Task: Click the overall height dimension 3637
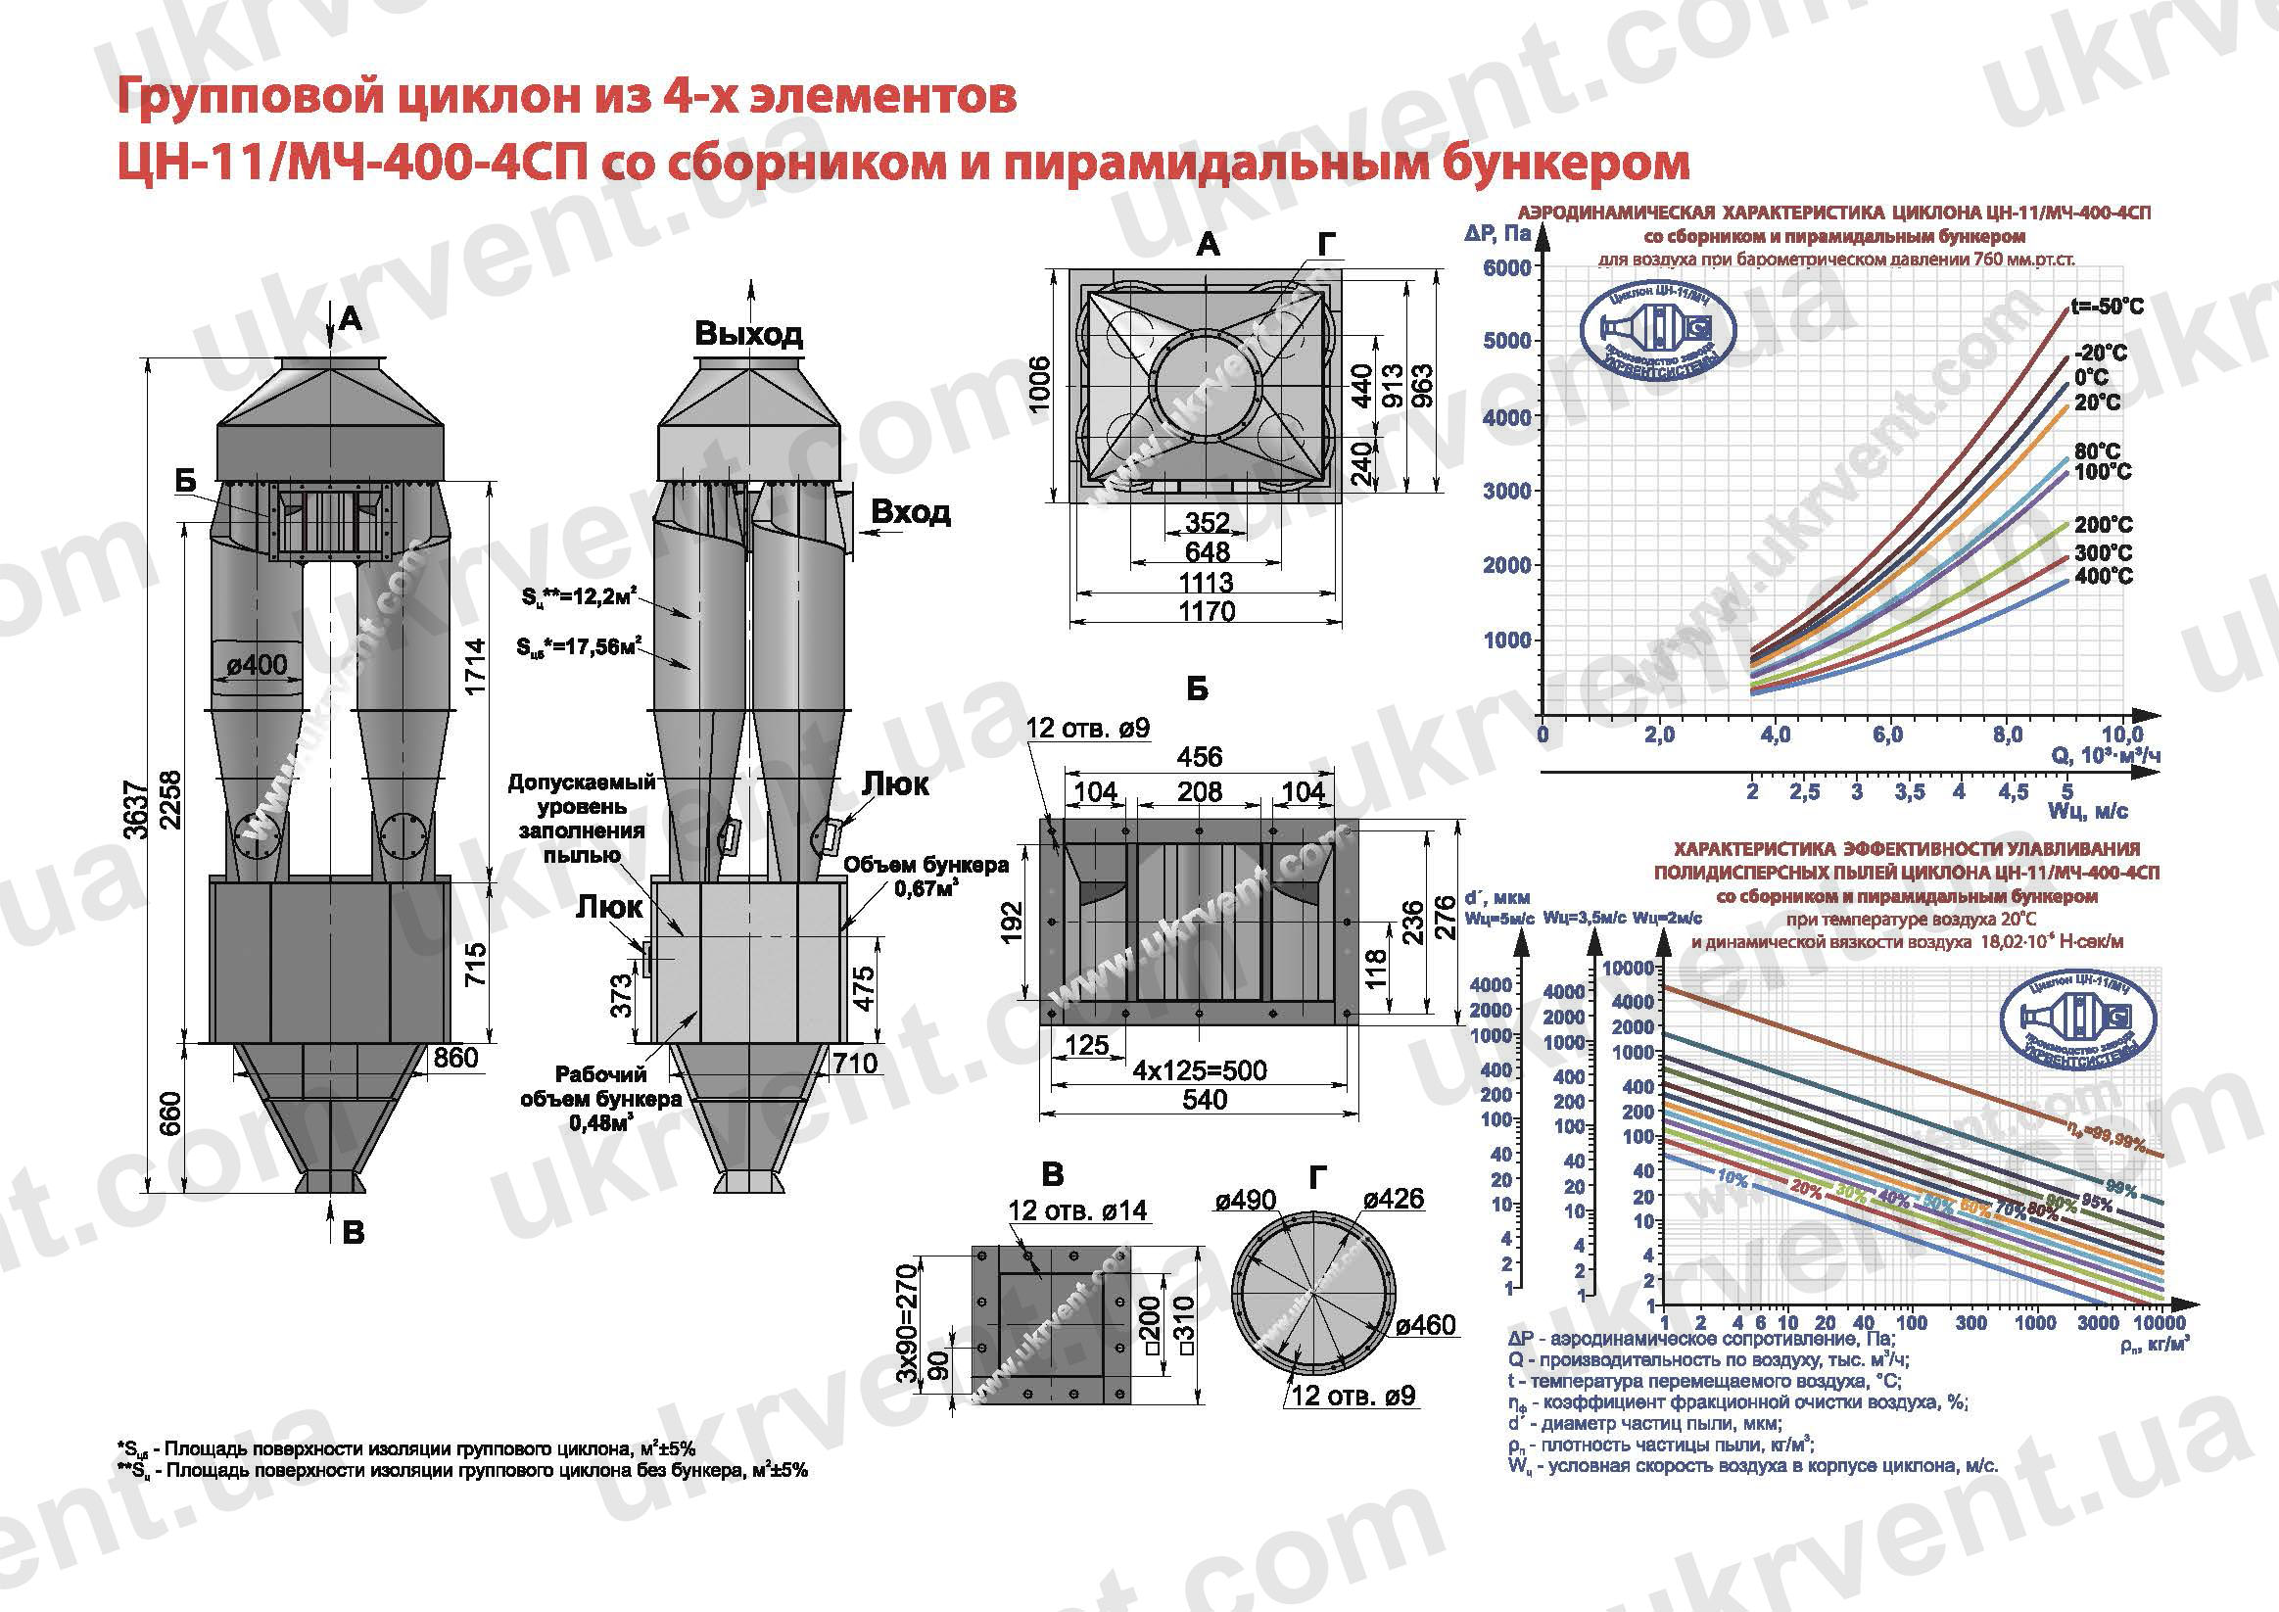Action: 140,809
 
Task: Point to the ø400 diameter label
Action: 256,664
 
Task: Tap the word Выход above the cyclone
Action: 748,334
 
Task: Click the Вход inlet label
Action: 910,512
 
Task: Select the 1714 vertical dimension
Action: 477,666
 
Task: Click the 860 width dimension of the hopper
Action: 455,1057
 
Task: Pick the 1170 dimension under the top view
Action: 1207,611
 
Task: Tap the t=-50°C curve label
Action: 2106,307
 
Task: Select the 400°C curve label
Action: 2103,577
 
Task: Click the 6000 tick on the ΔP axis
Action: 1506,268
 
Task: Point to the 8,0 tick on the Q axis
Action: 2007,735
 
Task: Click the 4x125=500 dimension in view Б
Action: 1199,1070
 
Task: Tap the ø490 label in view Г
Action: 1246,1200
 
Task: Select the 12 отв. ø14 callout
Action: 1077,1210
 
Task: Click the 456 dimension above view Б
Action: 1199,757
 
